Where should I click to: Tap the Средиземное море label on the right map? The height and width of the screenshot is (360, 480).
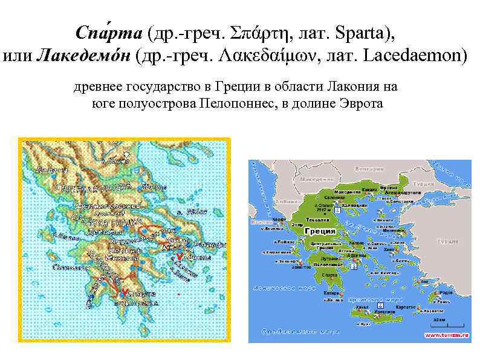tap(293, 332)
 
